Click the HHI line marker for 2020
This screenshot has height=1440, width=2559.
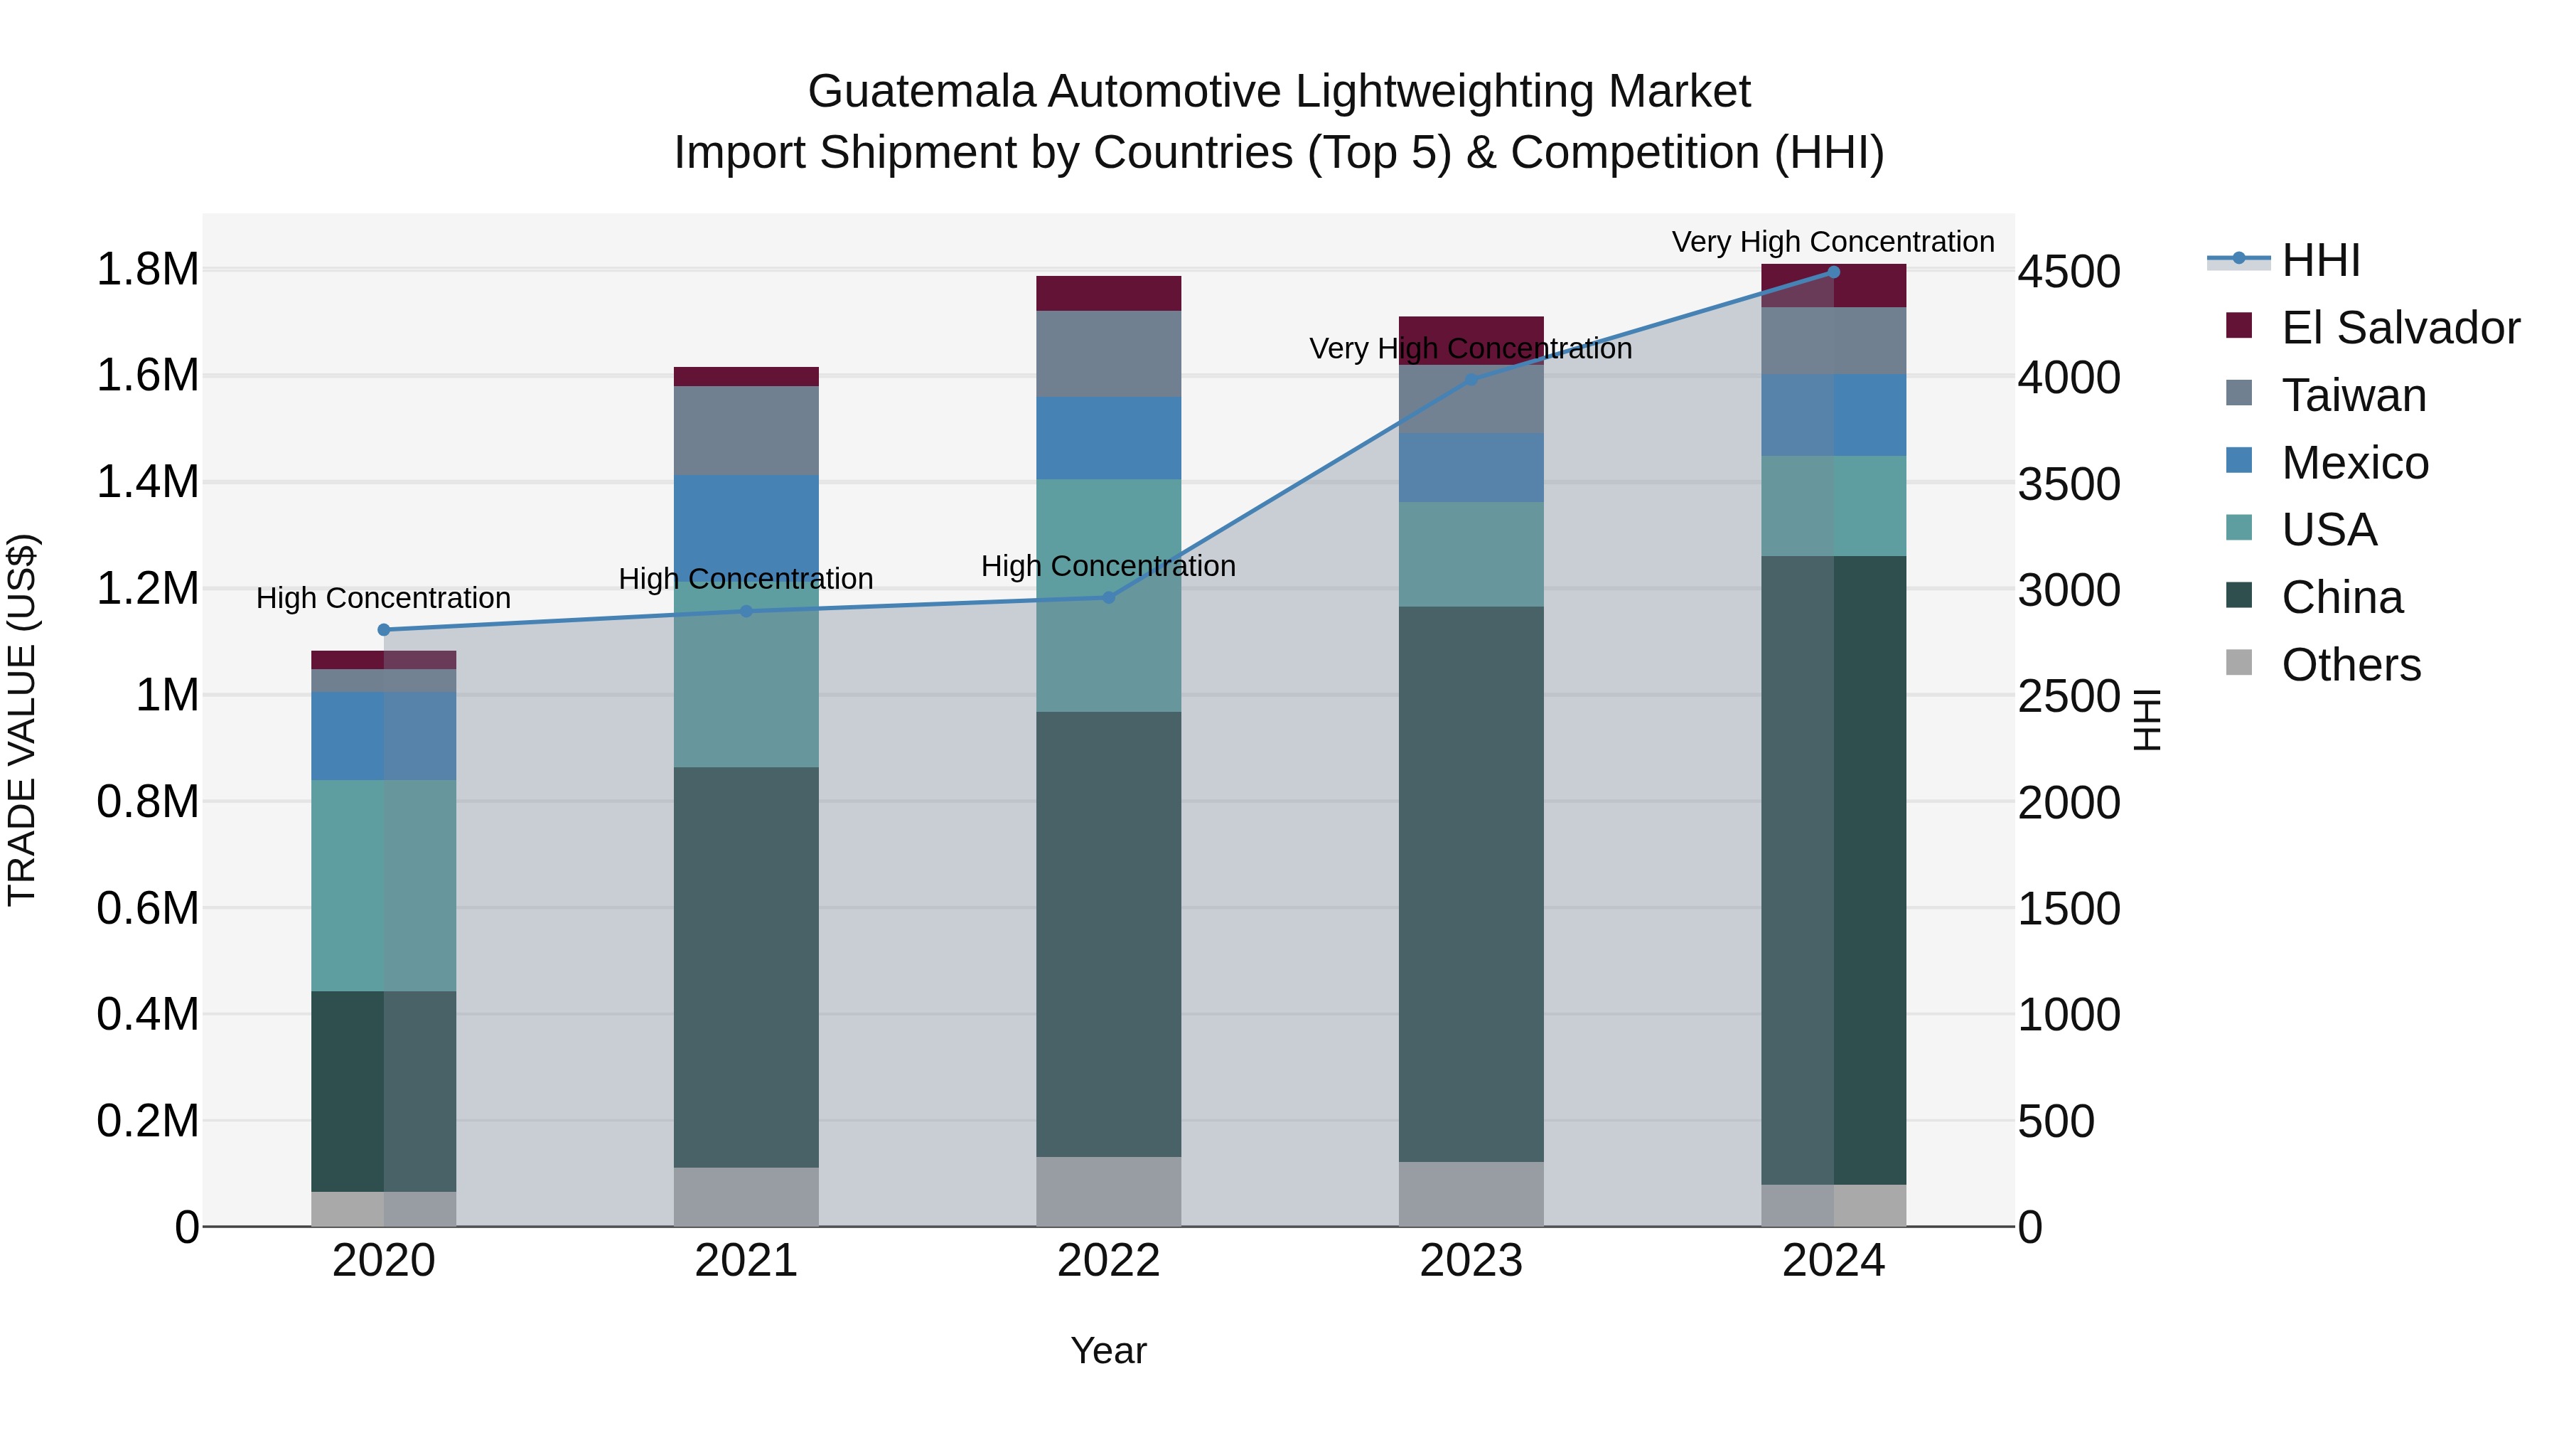[x=383, y=630]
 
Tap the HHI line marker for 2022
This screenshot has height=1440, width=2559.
[x=1109, y=597]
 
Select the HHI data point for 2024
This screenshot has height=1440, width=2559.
[x=1834, y=272]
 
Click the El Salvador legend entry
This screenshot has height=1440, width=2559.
[x=2400, y=328]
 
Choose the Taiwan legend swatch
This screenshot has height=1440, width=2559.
[x=2239, y=393]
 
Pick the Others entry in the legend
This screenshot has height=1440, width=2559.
[x=2351, y=665]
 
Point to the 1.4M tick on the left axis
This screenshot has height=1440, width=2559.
[x=147, y=482]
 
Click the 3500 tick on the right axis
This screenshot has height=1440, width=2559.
[x=2069, y=485]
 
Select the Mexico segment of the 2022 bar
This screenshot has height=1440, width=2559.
[x=1109, y=438]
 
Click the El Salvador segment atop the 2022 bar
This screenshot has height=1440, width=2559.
[x=1109, y=293]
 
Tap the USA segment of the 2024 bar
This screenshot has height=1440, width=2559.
[x=1834, y=506]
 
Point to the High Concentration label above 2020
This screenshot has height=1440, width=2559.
[x=383, y=598]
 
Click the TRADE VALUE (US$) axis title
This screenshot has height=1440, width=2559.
[x=22, y=720]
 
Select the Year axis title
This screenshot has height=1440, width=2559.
[x=1109, y=1350]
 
